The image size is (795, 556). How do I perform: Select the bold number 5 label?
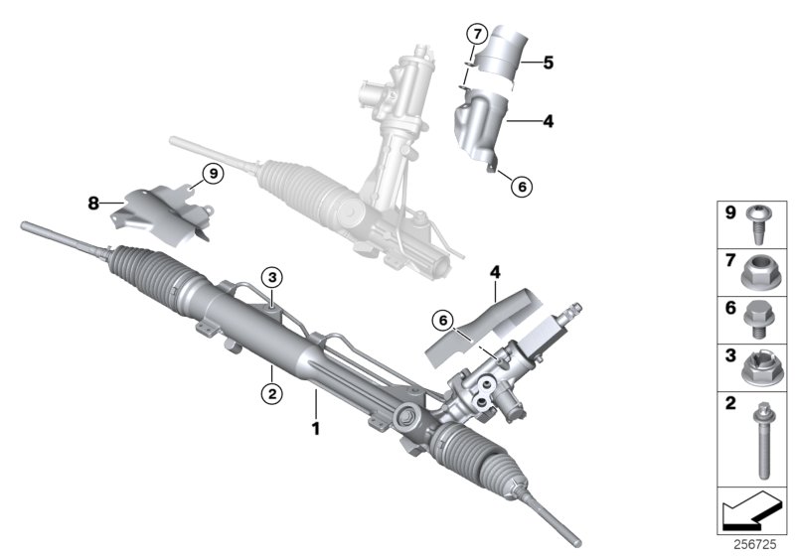coord(548,61)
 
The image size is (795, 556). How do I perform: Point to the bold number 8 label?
coord(93,203)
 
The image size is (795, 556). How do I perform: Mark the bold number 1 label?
coord(316,431)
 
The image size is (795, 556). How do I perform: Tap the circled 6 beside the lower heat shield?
coord(443,319)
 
